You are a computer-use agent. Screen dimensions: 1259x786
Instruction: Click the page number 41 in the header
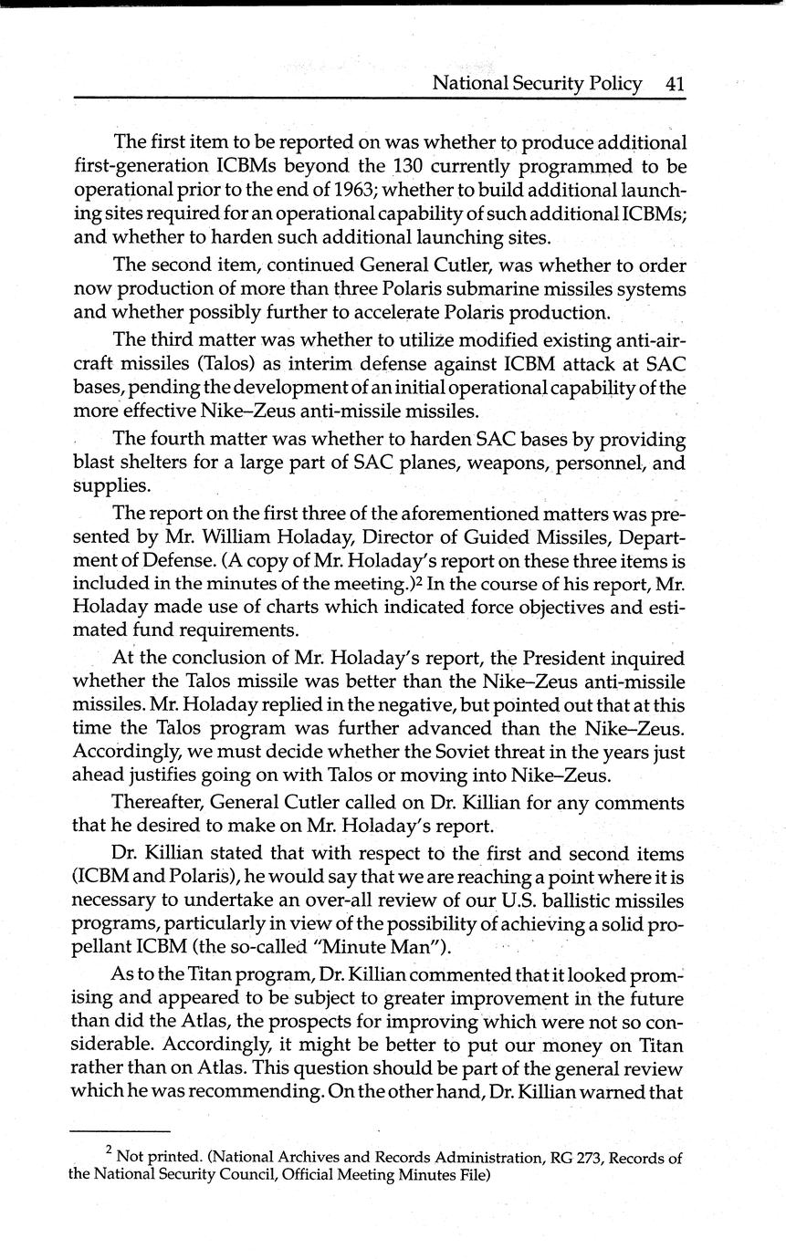(x=675, y=84)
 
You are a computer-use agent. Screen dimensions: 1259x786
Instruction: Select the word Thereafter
(x=156, y=803)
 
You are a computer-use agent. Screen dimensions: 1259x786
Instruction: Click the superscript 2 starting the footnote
(x=109, y=1153)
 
